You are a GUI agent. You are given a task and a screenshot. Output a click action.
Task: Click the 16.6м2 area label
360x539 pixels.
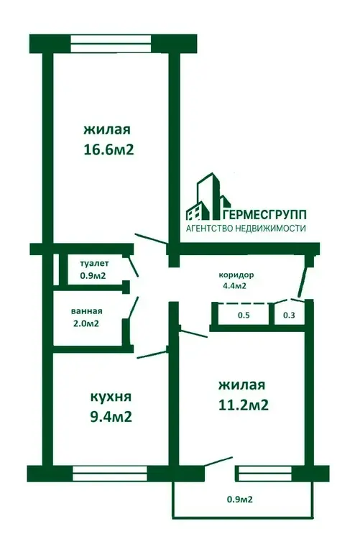(x=109, y=150)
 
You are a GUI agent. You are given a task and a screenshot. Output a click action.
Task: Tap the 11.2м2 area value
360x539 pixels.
(x=244, y=405)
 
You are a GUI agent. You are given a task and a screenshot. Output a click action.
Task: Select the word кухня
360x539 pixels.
(x=111, y=397)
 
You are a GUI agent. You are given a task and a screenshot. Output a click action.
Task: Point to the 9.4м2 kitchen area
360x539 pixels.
(x=111, y=417)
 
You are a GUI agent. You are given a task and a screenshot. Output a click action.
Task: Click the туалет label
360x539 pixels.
(x=94, y=264)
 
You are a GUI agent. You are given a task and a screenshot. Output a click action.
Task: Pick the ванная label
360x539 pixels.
(x=87, y=311)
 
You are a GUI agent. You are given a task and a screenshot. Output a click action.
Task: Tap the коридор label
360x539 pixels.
(x=236, y=275)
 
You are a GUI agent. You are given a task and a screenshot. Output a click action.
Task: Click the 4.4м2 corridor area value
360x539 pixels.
(x=234, y=285)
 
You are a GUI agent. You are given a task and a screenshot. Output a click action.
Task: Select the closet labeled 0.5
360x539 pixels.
(x=244, y=315)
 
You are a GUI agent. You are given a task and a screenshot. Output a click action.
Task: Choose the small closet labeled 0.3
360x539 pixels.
(x=289, y=315)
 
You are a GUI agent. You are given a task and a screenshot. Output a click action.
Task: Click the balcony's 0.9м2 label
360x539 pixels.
(x=240, y=499)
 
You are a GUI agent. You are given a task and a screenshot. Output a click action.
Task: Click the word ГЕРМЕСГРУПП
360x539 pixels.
(x=264, y=215)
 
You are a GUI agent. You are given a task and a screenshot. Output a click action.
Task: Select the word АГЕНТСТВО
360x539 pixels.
(x=210, y=229)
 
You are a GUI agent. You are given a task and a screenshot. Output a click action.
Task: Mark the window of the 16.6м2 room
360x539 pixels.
(x=111, y=44)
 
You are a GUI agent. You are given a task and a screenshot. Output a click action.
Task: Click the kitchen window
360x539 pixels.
(x=110, y=474)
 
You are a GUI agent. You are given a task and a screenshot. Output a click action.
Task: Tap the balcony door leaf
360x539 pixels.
(x=218, y=461)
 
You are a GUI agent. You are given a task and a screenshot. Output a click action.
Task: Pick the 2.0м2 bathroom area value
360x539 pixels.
(x=86, y=323)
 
